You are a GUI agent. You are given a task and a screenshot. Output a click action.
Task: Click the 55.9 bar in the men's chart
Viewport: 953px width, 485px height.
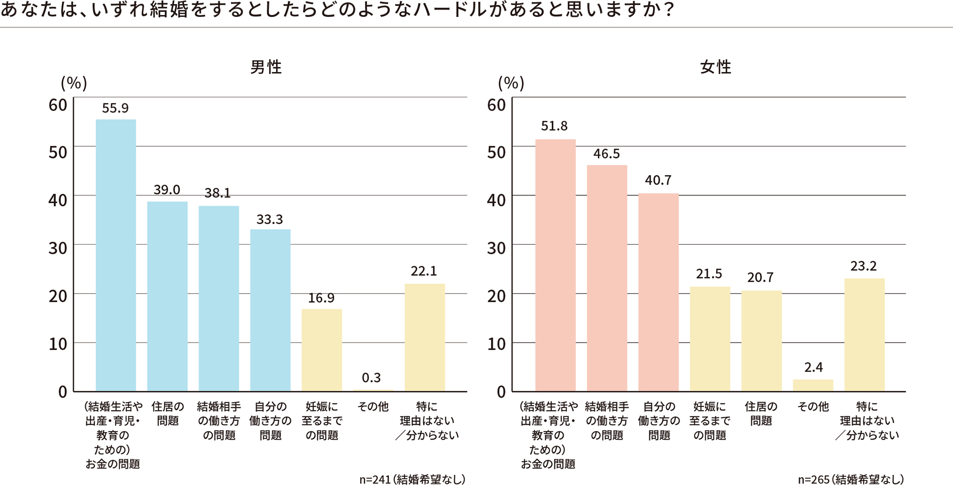[x=115, y=255]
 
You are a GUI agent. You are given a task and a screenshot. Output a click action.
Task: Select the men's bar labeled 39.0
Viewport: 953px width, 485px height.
[x=167, y=296]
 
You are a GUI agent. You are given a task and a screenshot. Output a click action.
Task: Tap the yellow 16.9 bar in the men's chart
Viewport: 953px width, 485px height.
[x=322, y=350]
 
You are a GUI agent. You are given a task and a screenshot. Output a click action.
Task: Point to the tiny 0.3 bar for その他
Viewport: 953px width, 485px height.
[x=373, y=390]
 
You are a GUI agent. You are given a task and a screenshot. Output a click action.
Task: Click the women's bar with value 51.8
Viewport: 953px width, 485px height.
[x=555, y=265]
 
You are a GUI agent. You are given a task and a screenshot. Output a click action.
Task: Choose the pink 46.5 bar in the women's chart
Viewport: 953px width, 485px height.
[x=607, y=278]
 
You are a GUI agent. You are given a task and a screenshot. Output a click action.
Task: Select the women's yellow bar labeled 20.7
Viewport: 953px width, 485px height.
[x=761, y=341]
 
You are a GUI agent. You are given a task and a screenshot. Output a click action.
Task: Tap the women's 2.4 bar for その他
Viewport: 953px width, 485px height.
[x=813, y=385]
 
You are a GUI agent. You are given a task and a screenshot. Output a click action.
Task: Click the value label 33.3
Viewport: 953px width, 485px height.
[x=269, y=220]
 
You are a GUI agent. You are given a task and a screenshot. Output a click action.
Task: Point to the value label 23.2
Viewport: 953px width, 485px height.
[x=863, y=266]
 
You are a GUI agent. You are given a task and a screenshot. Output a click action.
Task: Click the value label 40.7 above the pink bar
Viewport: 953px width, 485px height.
[x=658, y=180]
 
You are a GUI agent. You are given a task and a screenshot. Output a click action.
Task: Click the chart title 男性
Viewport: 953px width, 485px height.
[x=266, y=67]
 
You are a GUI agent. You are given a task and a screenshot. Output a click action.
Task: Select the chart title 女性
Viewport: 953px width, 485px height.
[x=716, y=67]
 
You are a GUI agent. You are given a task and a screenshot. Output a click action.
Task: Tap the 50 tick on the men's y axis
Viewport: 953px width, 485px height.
[x=58, y=153]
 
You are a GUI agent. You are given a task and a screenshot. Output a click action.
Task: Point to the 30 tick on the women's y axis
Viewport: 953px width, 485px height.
[x=496, y=248]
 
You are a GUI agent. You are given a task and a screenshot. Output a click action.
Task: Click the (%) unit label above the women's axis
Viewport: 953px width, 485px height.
[x=511, y=83]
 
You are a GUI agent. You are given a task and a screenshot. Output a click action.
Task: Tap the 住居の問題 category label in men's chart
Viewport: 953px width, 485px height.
[x=167, y=414]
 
